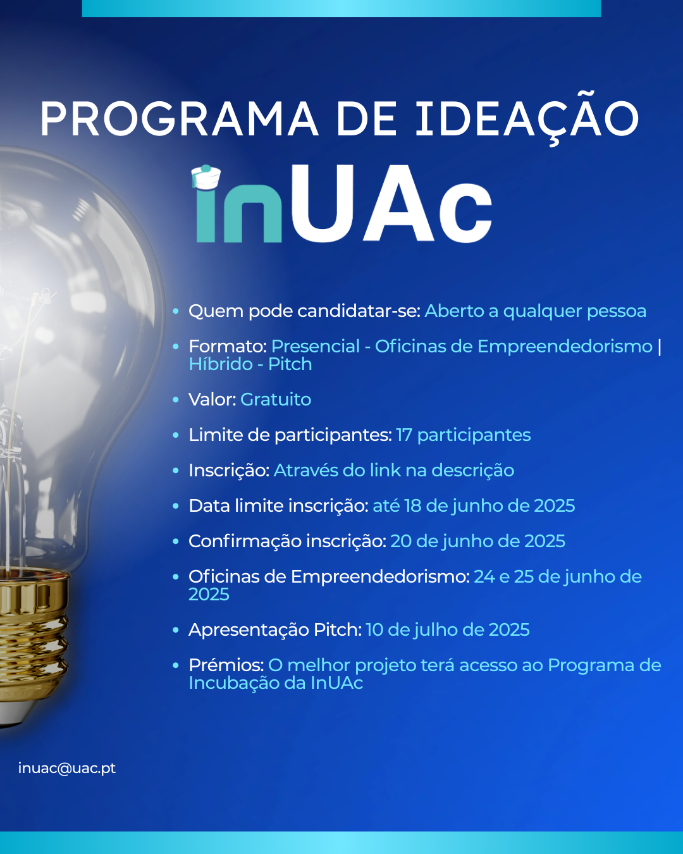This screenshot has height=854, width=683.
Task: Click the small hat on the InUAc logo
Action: [x=206, y=177]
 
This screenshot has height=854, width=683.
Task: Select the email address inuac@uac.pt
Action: [x=66, y=769]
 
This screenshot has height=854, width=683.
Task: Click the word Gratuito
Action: [x=276, y=400]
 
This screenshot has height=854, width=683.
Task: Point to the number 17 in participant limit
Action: [x=404, y=435]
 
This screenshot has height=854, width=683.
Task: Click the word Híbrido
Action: [x=221, y=364]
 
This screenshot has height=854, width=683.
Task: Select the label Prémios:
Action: [x=226, y=665]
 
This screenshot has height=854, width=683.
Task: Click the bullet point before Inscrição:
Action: [x=176, y=471]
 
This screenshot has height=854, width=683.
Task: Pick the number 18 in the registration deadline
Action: [x=413, y=506]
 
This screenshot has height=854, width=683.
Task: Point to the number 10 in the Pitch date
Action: [x=374, y=630]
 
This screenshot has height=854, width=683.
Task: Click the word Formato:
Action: [x=228, y=347]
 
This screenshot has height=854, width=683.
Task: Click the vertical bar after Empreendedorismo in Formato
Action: [x=660, y=347]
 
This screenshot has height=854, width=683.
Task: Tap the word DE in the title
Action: [x=367, y=119]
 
